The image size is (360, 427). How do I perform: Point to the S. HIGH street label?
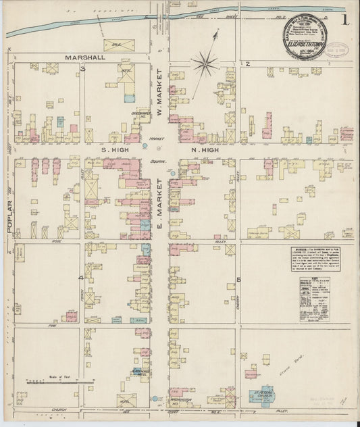115,147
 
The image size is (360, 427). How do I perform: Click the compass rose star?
203,64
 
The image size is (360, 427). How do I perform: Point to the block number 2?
248,64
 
